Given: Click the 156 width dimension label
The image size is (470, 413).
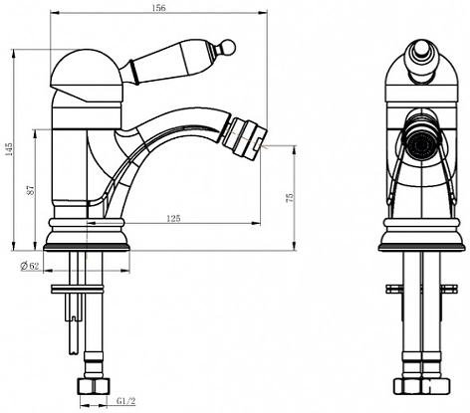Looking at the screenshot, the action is pyautogui.click(x=158, y=8).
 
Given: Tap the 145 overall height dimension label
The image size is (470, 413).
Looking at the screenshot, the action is pyautogui.click(x=9, y=149).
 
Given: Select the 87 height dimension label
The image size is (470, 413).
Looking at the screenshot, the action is pyautogui.click(x=30, y=189).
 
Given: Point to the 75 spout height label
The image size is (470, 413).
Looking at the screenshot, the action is pyautogui.click(x=290, y=198).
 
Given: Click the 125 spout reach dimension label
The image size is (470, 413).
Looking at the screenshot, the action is pyautogui.click(x=173, y=218).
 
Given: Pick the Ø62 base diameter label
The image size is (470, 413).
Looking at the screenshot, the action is pyautogui.click(x=30, y=266).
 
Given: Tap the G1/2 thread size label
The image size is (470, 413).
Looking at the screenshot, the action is pyautogui.click(x=126, y=401).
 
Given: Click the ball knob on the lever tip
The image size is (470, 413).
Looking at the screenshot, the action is pyautogui.click(x=228, y=46).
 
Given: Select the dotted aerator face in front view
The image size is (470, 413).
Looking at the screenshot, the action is pyautogui.click(x=421, y=145).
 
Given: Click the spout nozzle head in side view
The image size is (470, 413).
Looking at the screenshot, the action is pyautogui.click(x=244, y=137).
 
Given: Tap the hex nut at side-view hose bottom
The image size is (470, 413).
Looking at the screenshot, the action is pyautogui.click(x=94, y=386).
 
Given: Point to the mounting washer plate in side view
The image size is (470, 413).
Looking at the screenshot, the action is pyautogui.click(x=77, y=289).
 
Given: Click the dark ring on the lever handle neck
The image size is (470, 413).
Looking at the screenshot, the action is pyautogui.click(x=132, y=71).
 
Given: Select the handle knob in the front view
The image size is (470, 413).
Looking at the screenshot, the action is pyautogui.click(x=421, y=62).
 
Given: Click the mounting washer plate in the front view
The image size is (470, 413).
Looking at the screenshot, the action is pyautogui.click(x=421, y=289).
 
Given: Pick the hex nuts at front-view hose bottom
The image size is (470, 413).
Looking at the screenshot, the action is pyautogui.click(x=421, y=386).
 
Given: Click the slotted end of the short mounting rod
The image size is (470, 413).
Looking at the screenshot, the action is pyautogui.click(x=73, y=316).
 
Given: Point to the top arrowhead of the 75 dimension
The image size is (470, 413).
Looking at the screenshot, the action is pyautogui.click(x=295, y=149).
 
